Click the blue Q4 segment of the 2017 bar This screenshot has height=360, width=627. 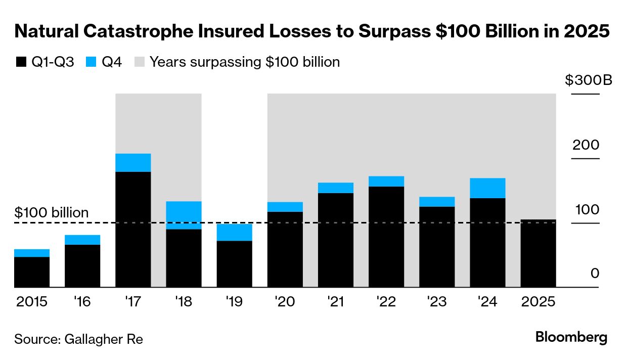pyautogui.click(x=133, y=162)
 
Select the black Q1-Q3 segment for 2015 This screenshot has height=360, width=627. pyautogui.click(x=32, y=272)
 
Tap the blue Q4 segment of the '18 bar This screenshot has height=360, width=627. pyautogui.click(x=184, y=215)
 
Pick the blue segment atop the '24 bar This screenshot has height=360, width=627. pyautogui.click(x=487, y=188)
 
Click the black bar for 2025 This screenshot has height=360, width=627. pyautogui.click(x=538, y=253)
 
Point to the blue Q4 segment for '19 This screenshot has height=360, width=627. pyautogui.click(x=234, y=232)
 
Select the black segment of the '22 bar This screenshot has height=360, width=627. pyautogui.click(x=386, y=237)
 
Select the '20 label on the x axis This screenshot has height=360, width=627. pyautogui.click(x=285, y=302)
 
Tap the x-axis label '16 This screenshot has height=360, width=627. pyautogui.click(x=82, y=302)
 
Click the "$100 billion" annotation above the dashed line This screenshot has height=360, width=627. pyautogui.click(x=52, y=213)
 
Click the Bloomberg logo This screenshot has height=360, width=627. pyautogui.click(x=571, y=337)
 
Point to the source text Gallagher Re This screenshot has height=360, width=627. pyautogui.click(x=78, y=339)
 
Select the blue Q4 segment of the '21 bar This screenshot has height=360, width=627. pyautogui.click(x=336, y=188)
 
